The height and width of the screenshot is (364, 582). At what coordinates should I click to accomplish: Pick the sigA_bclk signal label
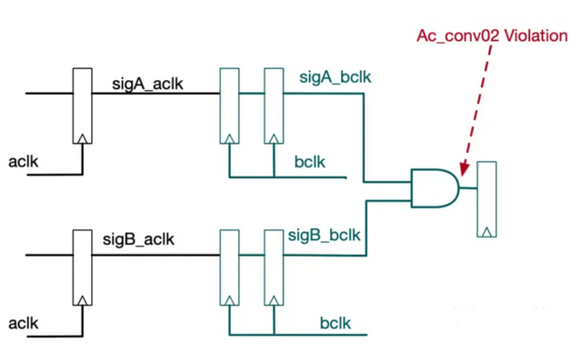coord(335,77)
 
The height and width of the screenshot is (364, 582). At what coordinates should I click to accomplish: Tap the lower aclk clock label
coord(24,323)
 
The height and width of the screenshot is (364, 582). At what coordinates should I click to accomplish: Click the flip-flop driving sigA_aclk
coord(83,106)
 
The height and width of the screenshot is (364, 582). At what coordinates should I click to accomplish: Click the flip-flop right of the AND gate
coord(487,198)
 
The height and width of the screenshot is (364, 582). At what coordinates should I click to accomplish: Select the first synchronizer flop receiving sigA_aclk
coord(229,106)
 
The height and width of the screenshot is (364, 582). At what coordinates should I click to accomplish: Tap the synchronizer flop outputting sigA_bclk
coord(273,106)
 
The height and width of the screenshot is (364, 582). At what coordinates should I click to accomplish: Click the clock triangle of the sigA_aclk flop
coord(83,138)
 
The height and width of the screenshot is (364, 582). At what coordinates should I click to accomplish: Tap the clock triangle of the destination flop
coord(487,229)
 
